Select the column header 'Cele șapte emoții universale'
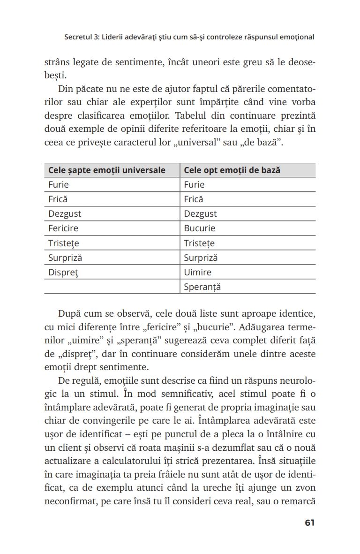(107, 170)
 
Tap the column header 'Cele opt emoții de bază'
(232, 170)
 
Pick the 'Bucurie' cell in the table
(200, 228)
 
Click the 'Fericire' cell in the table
(63, 228)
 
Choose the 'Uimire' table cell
(198, 272)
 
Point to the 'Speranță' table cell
(202, 287)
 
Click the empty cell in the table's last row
(112, 287)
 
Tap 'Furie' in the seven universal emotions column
(59, 185)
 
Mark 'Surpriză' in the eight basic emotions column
(201, 258)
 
